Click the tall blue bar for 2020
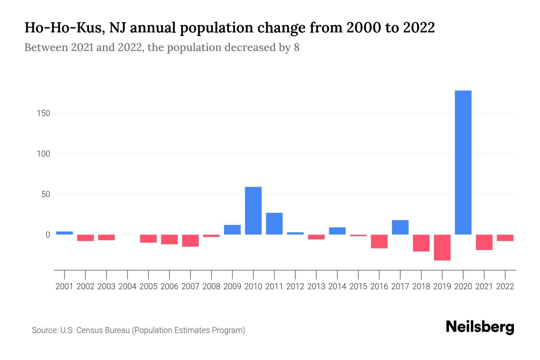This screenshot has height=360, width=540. pos(463,162)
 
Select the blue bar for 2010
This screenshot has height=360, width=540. pos(253,211)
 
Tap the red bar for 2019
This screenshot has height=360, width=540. pos(442,247)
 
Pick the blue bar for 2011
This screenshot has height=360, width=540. pos(274,223)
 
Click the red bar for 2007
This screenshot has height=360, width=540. pos(190,241)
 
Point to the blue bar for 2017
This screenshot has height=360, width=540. pos(400,227)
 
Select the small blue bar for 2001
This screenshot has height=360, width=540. pos(64,233)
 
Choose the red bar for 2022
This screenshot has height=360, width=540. pos(505,238)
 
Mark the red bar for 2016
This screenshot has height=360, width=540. pos(379,241)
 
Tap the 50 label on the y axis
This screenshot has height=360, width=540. pos(46,194)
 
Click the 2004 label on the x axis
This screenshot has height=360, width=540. pos(127,286)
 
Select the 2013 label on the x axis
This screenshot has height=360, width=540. pos(316,286)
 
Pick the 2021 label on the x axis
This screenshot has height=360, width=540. pos(484,286)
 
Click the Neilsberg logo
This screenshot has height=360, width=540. pos(480,327)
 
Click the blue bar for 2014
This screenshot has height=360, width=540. pos(337,231)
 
